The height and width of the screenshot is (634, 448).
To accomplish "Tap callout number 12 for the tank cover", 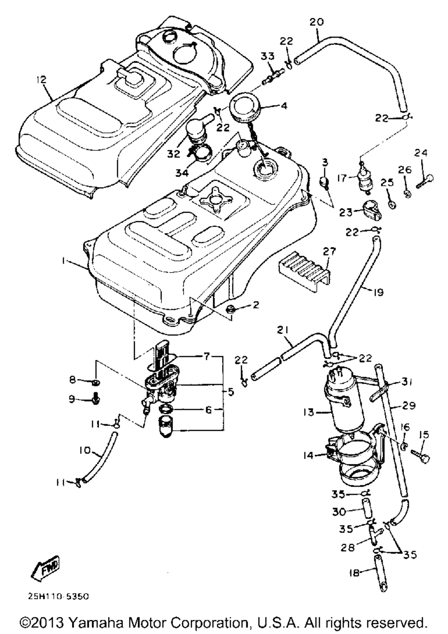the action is coord(41,79).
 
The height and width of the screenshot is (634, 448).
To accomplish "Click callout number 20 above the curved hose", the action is coord(316,22).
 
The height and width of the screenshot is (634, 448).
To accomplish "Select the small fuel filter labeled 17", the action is coord(364,178).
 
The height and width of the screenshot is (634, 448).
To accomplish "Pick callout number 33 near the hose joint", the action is coord(267,56).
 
